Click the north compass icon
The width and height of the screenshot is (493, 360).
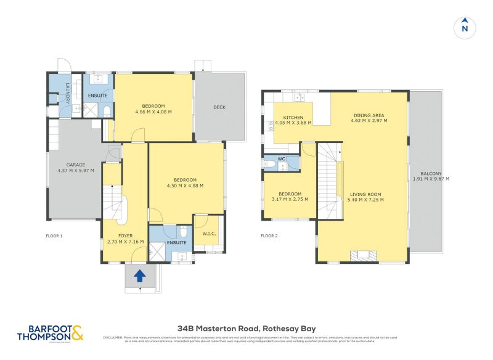(x=465, y=27)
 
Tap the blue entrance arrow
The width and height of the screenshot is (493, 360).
(x=139, y=276)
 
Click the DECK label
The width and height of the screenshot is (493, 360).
(x=219, y=107)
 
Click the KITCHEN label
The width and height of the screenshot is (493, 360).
(x=293, y=117)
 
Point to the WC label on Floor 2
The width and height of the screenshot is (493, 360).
(x=281, y=159)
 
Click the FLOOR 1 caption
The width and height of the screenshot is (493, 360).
(x=54, y=236)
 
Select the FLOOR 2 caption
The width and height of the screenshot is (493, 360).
(x=269, y=236)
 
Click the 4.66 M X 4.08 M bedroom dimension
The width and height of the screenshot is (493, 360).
(x=153, y=112)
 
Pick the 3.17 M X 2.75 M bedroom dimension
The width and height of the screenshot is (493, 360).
(x=290, y=200)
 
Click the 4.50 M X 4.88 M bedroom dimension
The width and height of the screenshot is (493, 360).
(x=185, y=186)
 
